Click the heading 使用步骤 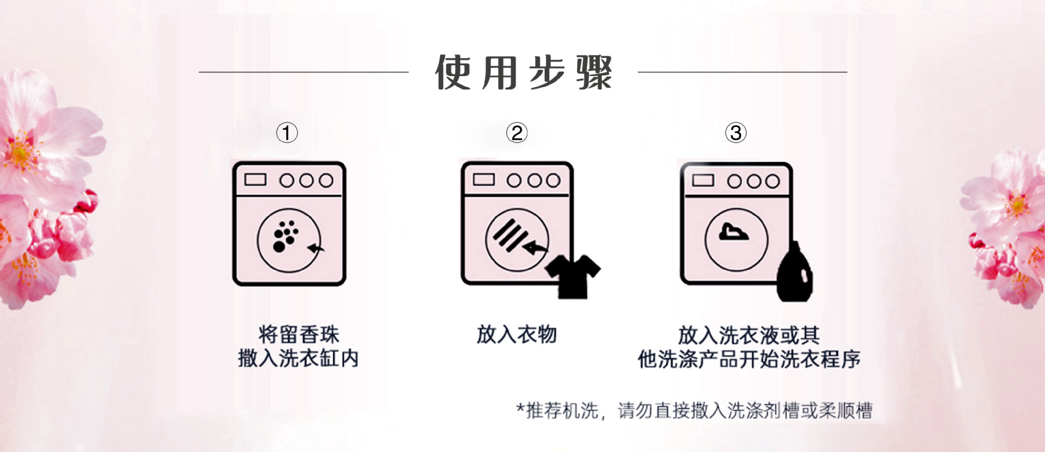coord(523,72)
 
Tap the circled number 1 coord(287,133)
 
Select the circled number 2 coord(517,133)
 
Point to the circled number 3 coord(735,133)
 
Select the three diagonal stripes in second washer coord(509,234)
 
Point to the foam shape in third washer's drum coord(733,232)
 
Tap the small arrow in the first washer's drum coord(316,248)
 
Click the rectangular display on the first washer coord(255,180)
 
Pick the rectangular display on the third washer coord(703,180)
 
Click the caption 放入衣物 coord(517,335)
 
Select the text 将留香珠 coord(298,335)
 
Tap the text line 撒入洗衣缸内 coord(298,358)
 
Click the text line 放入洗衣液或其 coord(749,335)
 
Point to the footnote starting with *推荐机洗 coord(694,411)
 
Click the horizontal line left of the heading coord(303,72)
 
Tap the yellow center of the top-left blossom coord(20,153)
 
